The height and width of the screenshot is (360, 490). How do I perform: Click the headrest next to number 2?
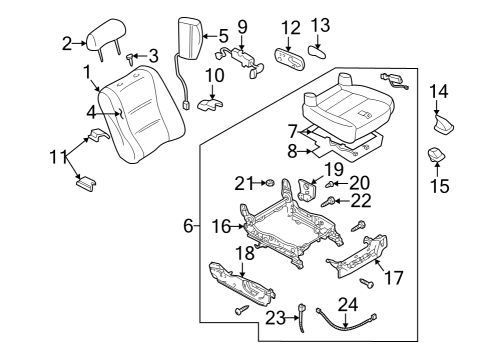(105, 37)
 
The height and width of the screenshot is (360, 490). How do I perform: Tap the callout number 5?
(223, 36)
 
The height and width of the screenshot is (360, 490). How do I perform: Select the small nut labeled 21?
(269, 183)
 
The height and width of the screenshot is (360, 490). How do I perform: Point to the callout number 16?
(221, 226)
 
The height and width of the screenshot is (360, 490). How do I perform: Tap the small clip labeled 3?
(130, 59)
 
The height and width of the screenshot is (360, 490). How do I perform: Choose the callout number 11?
(59, 157)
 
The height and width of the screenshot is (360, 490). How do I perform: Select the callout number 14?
(439, 91)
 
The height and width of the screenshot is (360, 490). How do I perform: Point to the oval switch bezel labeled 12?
(290, 60)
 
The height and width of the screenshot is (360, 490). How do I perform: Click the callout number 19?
(334, 169)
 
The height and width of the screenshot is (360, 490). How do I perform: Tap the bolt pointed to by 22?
(328, 201)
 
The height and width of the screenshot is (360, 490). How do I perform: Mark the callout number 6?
(188, 226)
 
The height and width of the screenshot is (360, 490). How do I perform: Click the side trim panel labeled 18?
(242, 285)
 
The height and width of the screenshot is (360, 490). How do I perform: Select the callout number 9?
(242, 27)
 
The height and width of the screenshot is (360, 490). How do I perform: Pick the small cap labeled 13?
(317, 52)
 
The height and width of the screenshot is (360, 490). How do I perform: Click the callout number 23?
(275, 318)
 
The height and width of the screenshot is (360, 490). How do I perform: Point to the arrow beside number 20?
(341, 183)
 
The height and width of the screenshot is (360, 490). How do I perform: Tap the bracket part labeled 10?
(210, 104)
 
